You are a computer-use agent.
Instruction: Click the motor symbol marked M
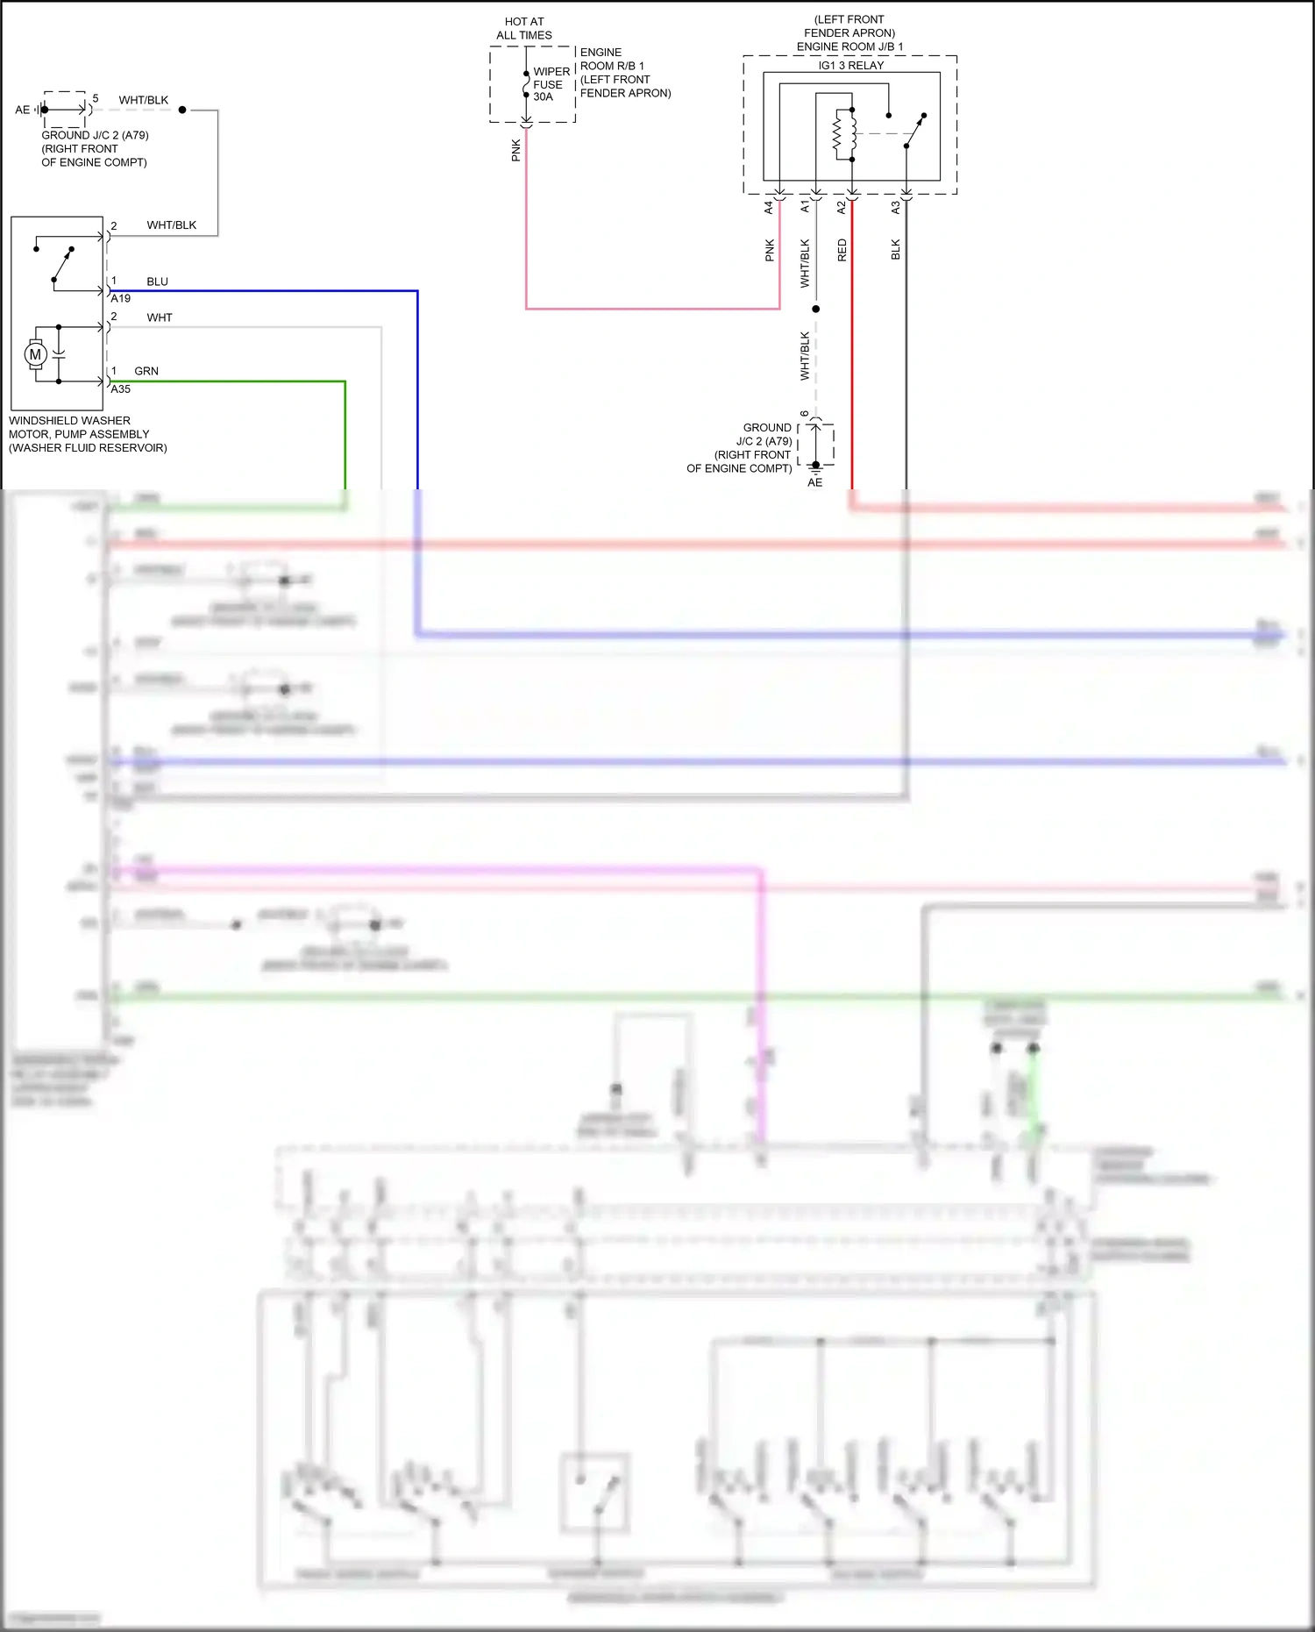coord(35,354)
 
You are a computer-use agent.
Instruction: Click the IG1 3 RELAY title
coord(850,66)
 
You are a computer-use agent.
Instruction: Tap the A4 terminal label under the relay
coord(769,208)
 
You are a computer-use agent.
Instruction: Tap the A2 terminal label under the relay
coord(842,208)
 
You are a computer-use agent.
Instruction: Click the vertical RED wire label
coord(842,250)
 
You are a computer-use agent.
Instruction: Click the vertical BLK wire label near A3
coord(895,250)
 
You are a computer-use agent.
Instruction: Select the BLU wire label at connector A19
coord(157,282)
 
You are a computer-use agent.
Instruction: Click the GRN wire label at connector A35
coord(146,371)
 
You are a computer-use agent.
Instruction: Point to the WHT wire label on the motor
coord(160,317)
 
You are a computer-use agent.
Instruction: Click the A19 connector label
coord(121,298)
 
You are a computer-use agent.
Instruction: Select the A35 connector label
coord(121,389)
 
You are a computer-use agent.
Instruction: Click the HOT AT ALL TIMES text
coord(524,28)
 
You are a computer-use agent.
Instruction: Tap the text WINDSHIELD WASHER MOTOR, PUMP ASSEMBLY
coord(79,427)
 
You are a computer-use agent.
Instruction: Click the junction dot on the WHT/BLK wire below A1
coord(815,309)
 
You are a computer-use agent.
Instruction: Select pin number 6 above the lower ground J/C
coord(805,414)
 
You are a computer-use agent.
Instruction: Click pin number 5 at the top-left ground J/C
coord(96,98)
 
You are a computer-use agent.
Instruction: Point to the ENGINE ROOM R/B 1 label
coord(612,59)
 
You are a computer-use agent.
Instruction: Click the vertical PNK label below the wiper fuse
coord(516,150)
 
